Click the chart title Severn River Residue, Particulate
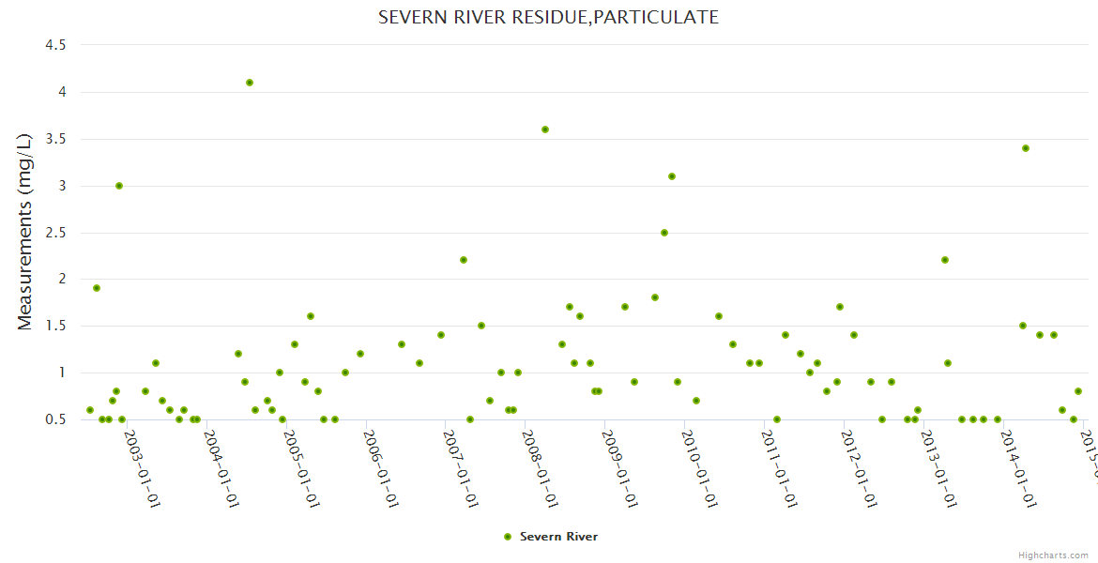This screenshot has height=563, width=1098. [548, 17]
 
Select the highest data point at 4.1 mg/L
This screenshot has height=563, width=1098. [250, 83]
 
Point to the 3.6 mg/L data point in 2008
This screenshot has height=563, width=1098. [545, 129]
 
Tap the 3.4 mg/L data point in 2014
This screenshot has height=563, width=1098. [1026, 148]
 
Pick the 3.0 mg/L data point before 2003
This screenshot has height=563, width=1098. [119, 186]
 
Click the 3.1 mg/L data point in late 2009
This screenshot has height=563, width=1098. [672, 176]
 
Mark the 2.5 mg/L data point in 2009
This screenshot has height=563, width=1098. [664, 233]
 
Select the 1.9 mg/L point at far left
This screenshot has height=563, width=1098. [97, 288]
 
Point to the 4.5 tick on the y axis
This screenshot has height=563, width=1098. [55, 45]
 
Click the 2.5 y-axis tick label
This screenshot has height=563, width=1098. [55, 233]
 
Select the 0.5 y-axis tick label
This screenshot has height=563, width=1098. [55, 419]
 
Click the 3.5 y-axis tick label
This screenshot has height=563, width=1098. [55, 139]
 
